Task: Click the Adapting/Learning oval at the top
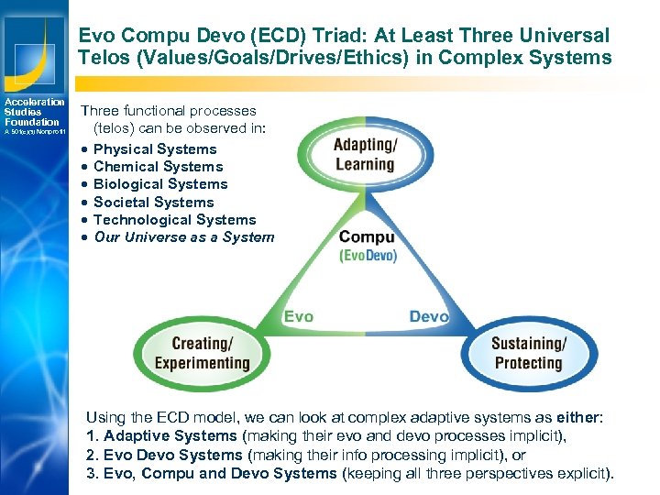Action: tap(364, 155)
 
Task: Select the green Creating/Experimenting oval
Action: tap(202, 353)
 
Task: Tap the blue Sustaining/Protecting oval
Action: tap(529, 353)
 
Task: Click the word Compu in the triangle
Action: tap(367, 237)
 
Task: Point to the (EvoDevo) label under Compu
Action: tap(368, 256)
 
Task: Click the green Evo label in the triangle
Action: tap(298, 316)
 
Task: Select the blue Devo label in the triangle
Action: tap(428, 316)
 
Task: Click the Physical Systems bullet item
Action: tap(155, 149)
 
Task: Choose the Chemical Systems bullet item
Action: tap(158, 167)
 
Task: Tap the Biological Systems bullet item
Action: tap(160, 184)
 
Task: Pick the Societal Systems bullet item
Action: tap(153, 203)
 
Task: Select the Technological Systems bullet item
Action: tap(174, 220)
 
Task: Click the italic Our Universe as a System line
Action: tap(183, 237)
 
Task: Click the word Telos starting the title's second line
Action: tap(103, 58)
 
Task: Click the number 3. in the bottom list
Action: tap(91, 473)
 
